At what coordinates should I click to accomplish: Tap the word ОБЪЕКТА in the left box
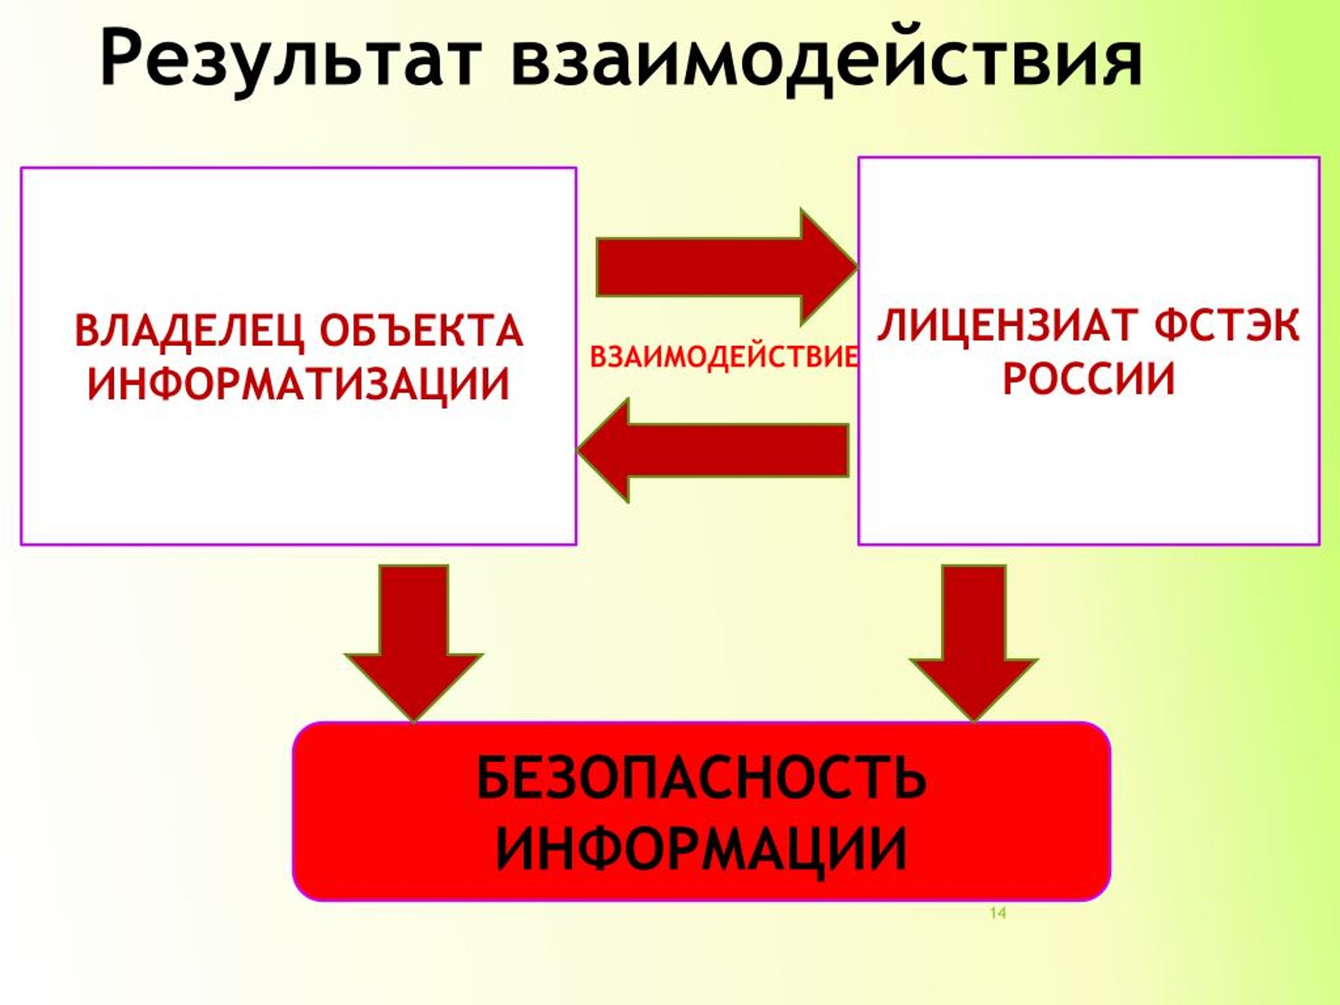click(x=421, y=330)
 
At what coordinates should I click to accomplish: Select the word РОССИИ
click(x=1089, y=378)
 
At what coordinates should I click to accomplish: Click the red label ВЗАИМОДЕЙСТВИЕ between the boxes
click(x=724, y=357)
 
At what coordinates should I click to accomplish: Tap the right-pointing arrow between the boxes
click(x=727, y=267)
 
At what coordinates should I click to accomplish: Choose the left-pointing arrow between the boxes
click(x=712, y=450)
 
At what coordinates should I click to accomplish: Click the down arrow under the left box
click(x=414, y=643)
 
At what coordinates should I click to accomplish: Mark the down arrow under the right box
click(x=974, y=643)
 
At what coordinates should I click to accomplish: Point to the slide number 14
click(x=998, y=913)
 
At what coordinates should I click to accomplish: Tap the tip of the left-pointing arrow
click(x=577, y=450)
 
